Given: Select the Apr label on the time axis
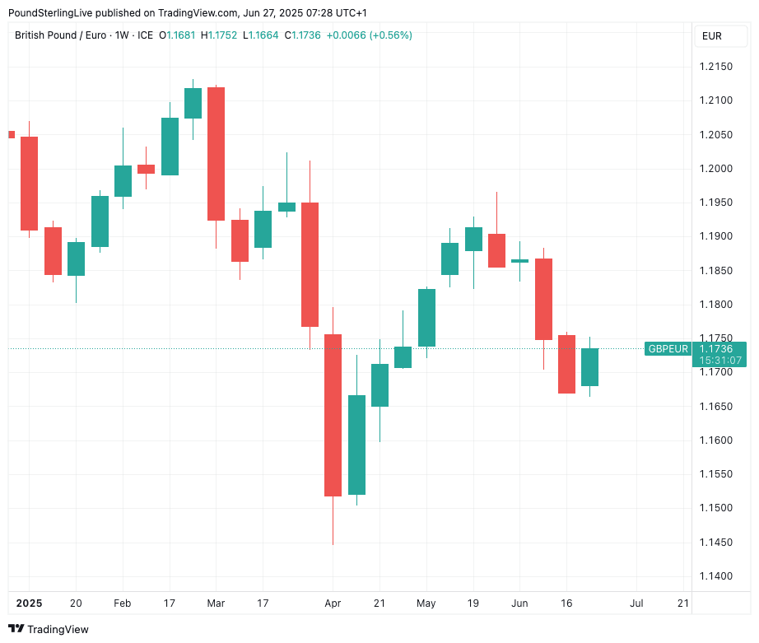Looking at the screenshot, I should click(x=333, y=603).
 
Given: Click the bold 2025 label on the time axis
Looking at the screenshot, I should click(x=28, y=603).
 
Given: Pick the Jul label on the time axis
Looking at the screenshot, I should click(x=636, y=603).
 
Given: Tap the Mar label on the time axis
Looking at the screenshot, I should click(x=216, y=603).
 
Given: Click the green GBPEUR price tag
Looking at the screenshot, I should click(x=668, y=349).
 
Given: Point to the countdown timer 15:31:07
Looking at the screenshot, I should click(x=719, y=361).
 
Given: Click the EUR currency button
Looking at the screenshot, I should click(x=712, y=36).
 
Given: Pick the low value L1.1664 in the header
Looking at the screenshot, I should click(x=263, y=35).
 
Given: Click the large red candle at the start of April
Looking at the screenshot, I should click(x=333, y=415).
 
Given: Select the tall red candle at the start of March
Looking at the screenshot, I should click(x=216, y=153).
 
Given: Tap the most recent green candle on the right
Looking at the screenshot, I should click(x=589, y=366).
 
